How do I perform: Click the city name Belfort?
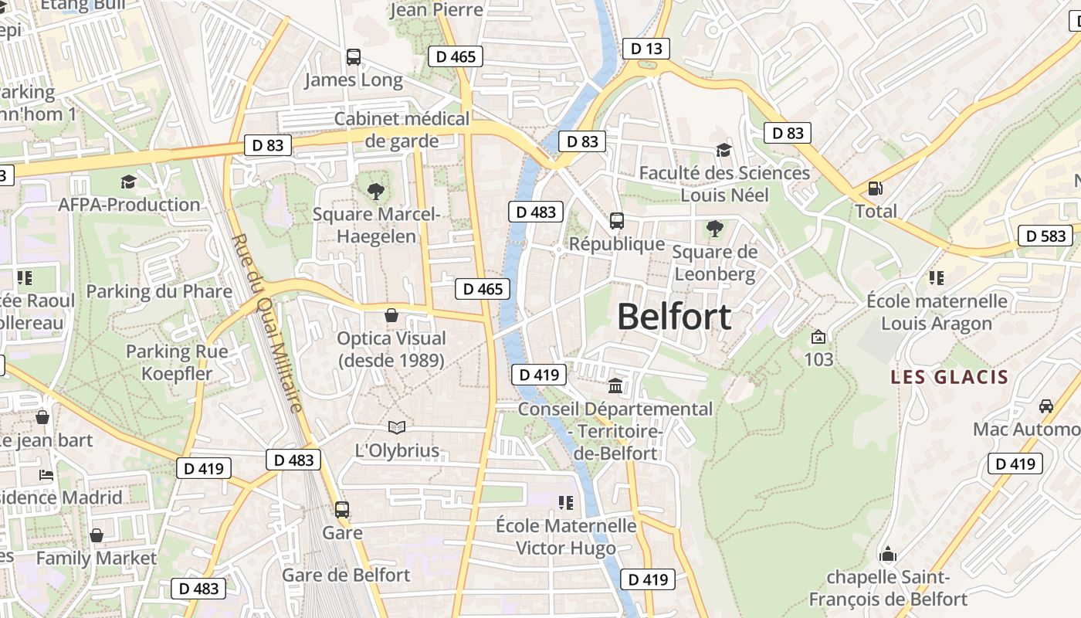674,317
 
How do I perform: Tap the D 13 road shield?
646,49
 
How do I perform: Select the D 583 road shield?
1046,236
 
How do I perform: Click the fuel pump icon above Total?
876,188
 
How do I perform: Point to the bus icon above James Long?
353,56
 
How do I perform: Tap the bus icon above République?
616,221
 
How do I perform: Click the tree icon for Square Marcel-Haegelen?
376,190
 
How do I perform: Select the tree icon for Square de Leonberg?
714,228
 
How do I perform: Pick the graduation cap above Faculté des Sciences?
723,150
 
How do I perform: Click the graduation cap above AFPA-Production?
128,182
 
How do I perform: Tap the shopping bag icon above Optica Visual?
391,315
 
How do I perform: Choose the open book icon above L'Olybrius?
396,427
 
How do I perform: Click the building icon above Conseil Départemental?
615,385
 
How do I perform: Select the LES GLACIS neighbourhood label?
949,377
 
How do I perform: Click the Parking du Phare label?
159,291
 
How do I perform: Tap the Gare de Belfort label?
346,575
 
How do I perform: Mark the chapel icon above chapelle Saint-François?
888,554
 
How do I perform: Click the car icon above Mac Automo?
1046,406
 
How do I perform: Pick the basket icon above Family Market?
97,535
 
